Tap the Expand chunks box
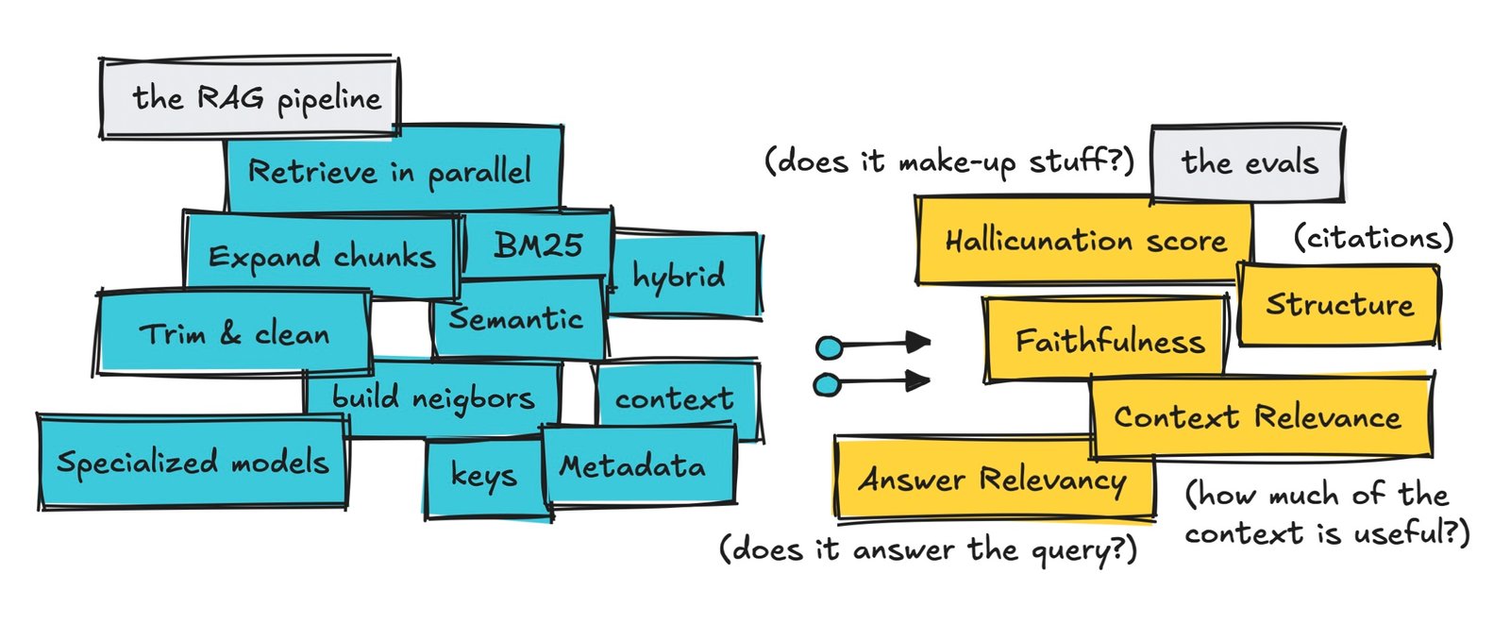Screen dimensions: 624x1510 (321, 256)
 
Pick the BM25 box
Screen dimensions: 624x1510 (538, 245)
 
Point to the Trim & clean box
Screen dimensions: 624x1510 (234, 333)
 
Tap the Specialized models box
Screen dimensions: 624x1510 (193, 462)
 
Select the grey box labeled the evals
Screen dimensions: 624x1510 (1248, 162)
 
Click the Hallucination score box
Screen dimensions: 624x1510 (1084, 241)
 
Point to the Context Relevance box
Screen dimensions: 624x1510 (1259, 416)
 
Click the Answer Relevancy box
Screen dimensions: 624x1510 (993, 479)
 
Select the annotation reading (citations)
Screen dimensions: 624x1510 (1373, 237)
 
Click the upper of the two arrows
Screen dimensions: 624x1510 (874, 345)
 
